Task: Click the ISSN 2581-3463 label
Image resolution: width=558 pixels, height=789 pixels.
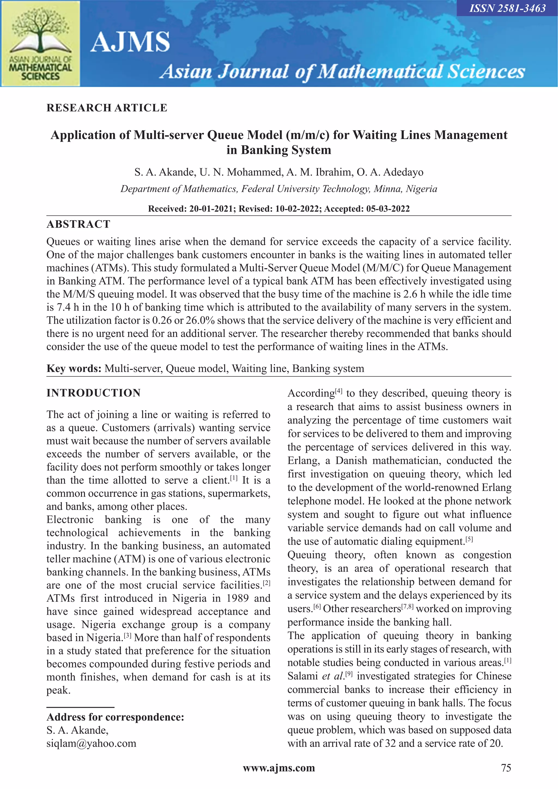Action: coord(507,8)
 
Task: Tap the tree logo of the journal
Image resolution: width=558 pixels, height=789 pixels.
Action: coord(41,33)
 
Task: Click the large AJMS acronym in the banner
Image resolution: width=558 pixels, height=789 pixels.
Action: coord(130,42)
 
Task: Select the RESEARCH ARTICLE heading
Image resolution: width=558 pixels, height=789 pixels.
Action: coord(107,108)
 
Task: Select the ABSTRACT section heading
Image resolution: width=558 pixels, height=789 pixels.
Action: coord(78,224)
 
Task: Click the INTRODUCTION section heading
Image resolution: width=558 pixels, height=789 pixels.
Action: coord(93,393)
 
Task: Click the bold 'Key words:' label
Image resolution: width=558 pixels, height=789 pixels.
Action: coord(74,368)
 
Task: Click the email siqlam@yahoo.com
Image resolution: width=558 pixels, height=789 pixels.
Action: coord(91,743)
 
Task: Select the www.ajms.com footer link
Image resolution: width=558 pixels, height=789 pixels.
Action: coord(279,768)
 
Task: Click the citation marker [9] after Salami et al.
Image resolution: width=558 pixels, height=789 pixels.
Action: coord(349,674)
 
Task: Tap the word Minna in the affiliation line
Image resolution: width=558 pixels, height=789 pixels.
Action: coord(388,189)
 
